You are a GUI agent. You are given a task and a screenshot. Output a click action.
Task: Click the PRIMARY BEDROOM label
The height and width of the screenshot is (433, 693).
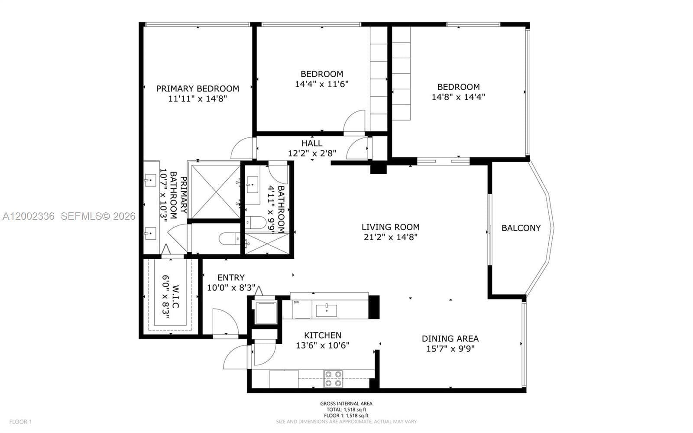click(198, 88)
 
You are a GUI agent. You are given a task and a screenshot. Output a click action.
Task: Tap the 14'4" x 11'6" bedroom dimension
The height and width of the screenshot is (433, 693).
click(321, 84)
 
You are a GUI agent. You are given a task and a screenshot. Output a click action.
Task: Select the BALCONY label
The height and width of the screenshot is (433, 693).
click(521, 228)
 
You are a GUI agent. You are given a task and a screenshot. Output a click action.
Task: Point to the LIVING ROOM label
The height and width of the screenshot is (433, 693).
click(390, 227)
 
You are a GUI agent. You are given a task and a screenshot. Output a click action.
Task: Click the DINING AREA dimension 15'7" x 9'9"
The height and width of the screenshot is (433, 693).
click(450, 349)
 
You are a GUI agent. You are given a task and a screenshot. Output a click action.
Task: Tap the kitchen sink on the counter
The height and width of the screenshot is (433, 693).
click(326, 310)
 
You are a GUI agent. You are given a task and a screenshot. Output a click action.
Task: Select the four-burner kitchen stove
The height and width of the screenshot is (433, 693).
click(333, 378)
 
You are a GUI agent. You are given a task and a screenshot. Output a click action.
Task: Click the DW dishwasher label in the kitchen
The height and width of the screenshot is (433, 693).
click(296, 303)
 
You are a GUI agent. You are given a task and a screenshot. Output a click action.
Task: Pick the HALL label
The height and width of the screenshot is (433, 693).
click(311, 143)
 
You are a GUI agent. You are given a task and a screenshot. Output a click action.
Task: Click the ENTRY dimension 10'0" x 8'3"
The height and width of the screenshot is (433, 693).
click(231, 288)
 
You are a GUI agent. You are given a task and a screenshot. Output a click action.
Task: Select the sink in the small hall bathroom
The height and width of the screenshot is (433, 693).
click(252, 186)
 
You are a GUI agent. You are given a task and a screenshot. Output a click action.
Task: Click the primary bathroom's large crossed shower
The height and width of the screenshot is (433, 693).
click(215, 191)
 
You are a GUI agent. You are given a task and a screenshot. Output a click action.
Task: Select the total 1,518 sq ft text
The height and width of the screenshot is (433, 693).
click(346, 410)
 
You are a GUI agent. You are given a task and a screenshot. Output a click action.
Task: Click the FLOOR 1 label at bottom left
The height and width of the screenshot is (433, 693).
click(20, 422)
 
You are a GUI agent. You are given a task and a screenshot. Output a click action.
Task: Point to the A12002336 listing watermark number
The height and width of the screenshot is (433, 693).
click(28, 216)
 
